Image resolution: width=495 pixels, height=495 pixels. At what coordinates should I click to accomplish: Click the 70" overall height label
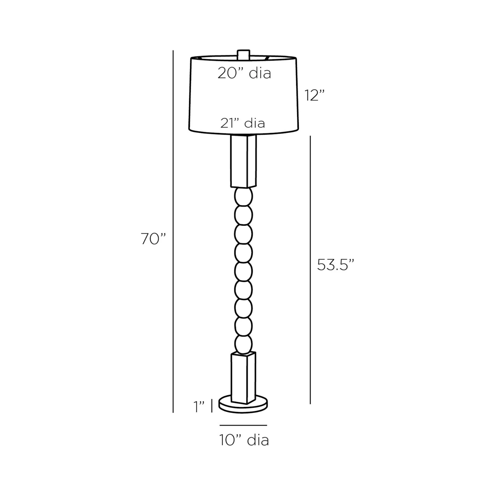click(x=153, y=239)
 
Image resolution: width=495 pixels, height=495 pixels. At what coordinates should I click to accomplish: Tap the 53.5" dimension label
click(x=336, y=265)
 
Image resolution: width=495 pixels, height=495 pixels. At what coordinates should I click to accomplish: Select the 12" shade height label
click(x=314, y=96)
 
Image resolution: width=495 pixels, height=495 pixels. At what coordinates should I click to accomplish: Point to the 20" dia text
click(x=244, y=73)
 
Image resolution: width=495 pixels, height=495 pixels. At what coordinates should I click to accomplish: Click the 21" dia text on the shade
click(x=243, y=123)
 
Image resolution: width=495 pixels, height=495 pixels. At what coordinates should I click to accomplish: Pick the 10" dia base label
click(x=244, y=440)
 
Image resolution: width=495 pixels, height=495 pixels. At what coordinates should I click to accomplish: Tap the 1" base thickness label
click(x=199, y=407)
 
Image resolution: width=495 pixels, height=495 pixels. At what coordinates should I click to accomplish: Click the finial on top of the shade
click(x=243, y=54)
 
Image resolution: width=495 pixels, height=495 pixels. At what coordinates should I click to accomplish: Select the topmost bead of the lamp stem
click(x=243, y=197)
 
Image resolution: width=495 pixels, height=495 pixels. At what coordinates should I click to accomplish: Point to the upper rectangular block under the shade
click(x=243, y=161)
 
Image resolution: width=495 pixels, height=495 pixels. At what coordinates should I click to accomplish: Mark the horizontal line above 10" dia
click(x=243, y=425)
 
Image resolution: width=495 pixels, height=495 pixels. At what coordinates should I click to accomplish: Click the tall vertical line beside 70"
click(x=173, y=231)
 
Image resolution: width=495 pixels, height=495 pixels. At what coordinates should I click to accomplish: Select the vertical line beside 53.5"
click(x=310, y=270)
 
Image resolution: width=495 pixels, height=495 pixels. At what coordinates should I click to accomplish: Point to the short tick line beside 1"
click(x=211, y=406)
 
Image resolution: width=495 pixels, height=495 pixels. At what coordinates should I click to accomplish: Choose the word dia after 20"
click(x=260, y=73)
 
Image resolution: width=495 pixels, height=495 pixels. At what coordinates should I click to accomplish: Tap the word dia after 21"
click(x=254, y=123)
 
